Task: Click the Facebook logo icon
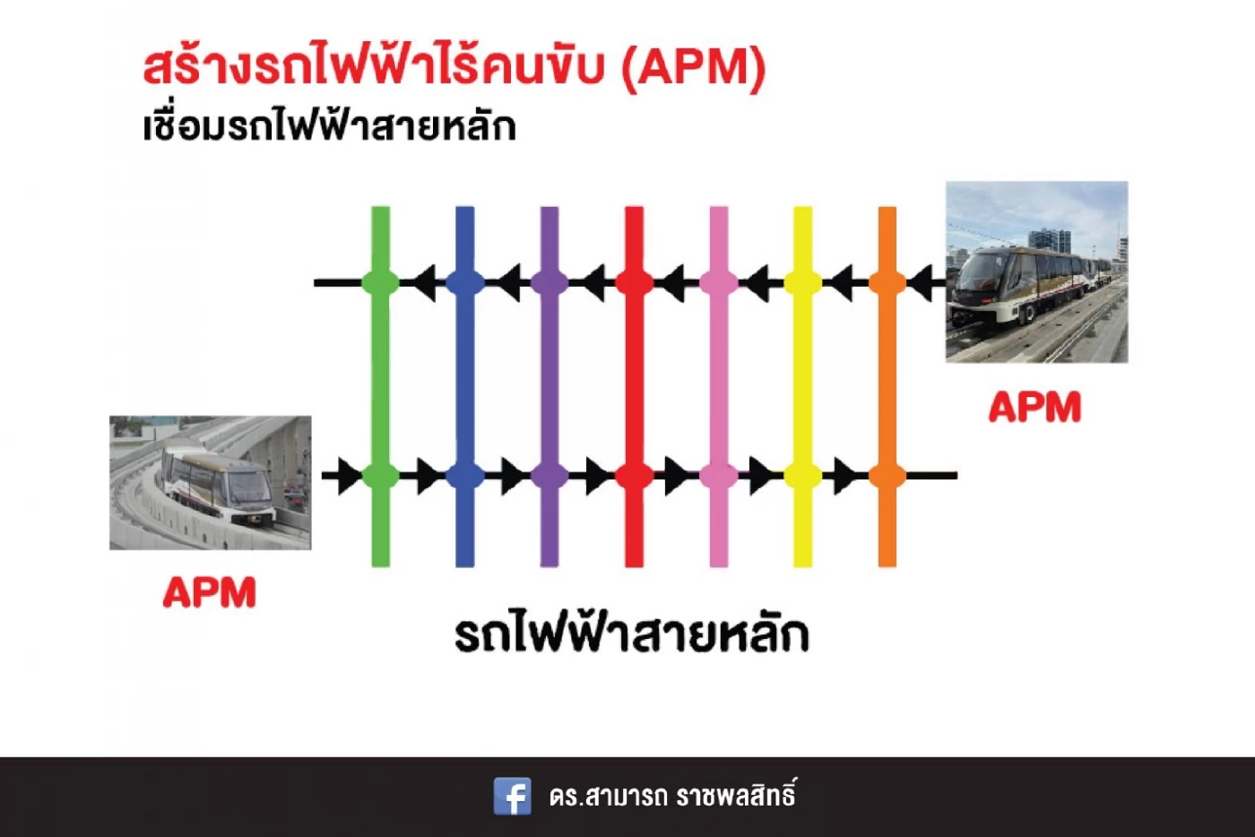coord(512,796)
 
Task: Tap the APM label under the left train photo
coord(210,592)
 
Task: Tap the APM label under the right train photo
coord(1034,408)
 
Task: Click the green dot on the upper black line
coord(380,283)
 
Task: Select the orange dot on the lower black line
coord(887,476)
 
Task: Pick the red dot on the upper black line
coord(634,283)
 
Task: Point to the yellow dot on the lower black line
coord(802,476)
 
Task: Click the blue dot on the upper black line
coord(464,283)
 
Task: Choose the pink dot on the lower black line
coord(718,476)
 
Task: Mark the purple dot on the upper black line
coord(550,283)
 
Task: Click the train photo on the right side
coord(1036,272)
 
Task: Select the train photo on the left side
coord(211,482)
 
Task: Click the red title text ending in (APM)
coord(454,67)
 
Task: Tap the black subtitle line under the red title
coord(329,126)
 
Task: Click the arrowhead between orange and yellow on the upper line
coord(843,283)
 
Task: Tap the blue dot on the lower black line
coord(464,476)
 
